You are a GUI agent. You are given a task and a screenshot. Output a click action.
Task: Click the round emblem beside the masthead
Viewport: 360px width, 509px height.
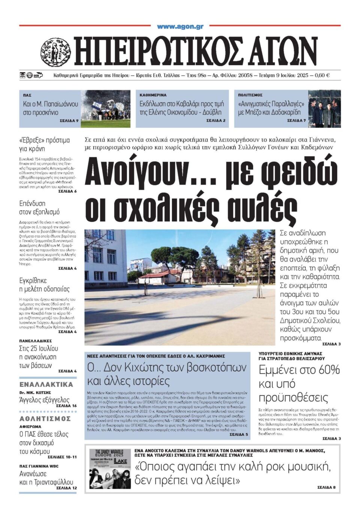pos(55,52)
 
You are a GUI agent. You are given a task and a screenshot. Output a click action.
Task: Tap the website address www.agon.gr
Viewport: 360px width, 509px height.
pos(180,27)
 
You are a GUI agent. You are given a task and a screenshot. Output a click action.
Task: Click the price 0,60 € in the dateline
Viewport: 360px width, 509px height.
pos(322,75)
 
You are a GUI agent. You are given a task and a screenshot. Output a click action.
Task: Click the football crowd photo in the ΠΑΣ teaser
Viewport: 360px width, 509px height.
pos(106,109)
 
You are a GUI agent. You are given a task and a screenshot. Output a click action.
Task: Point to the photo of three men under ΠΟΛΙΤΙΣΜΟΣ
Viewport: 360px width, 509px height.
pos(324,109)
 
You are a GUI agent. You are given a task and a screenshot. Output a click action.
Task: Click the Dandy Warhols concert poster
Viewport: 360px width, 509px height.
pos(110,468)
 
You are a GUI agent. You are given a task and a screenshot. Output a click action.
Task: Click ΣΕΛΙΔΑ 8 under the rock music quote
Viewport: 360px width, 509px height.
pos(326,487)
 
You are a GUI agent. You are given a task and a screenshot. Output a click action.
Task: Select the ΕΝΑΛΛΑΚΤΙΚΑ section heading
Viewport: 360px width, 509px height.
pos(46,384)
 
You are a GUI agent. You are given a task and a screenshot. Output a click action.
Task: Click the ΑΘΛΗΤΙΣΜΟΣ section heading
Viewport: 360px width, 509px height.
pos(45,419)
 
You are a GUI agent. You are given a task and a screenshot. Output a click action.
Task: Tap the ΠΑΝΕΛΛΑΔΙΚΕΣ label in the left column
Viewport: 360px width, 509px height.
pos(35,341)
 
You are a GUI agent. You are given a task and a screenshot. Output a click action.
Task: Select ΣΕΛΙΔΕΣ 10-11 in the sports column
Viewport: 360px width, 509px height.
pos(62,457)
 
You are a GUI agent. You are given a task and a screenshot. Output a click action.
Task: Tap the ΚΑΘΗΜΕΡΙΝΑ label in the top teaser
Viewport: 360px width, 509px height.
pos(153,95)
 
